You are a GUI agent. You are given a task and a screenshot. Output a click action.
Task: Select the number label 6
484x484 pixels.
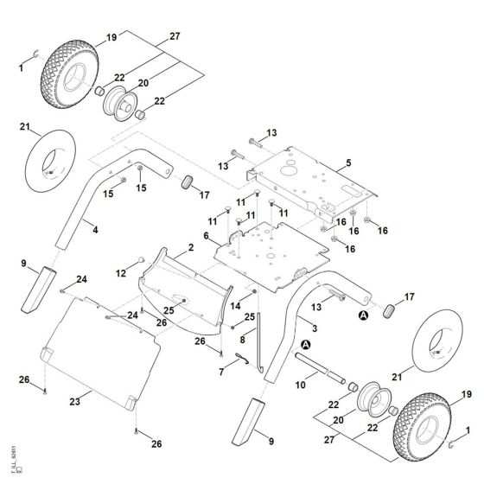point(206,235)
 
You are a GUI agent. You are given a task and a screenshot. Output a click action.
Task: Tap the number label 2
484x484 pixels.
point(190,248)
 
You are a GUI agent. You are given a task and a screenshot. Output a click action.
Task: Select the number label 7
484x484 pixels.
point(220,372)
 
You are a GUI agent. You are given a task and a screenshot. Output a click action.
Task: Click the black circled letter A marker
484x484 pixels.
point(365,316)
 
